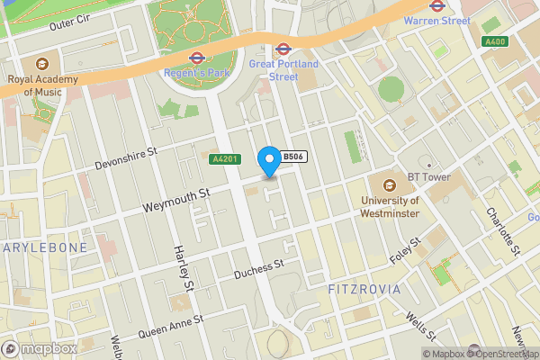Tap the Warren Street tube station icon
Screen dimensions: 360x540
[x=436, y=4]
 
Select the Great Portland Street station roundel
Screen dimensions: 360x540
[x=283, y=49]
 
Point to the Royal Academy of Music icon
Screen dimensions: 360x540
[x=41, y=64]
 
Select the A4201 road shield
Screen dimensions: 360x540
[x=224, y=159]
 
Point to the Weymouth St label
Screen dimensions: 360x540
[x=176, y=201]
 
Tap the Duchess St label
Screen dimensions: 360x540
[x=258, y=268]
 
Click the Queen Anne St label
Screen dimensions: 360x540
[x=170, y=327]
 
